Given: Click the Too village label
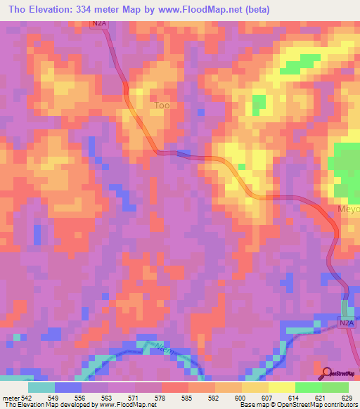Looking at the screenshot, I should point(162,106).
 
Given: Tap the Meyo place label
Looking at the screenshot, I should point(349,209).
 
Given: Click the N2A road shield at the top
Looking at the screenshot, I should point(100,24).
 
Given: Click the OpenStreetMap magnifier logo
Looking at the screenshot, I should point(326,373).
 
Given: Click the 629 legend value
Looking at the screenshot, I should point(348,398).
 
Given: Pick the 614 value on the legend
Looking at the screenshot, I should point(295,398).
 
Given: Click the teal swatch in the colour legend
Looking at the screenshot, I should point(41,387).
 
